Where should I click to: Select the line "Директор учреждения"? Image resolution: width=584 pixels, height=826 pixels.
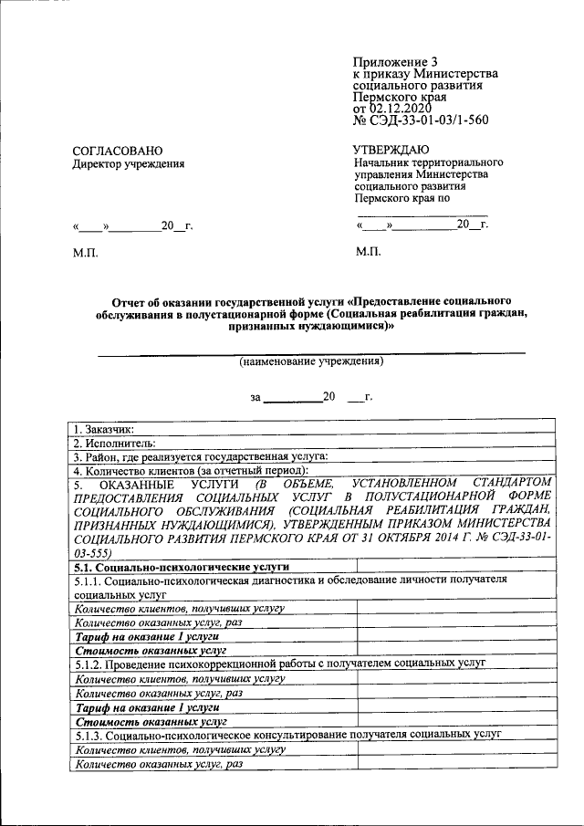point(128,164)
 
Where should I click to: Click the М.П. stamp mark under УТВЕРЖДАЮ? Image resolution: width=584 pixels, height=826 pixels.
point(369,251)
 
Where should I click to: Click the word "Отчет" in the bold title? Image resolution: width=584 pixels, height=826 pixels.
point(130,300)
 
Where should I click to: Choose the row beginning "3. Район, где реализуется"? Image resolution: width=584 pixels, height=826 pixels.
point(201,456)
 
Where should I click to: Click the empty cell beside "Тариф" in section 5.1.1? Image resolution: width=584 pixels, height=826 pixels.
point(454,635)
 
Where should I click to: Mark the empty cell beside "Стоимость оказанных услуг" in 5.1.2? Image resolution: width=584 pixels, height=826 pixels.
point(454,720)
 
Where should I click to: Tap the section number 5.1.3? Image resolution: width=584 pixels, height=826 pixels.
point(88,735)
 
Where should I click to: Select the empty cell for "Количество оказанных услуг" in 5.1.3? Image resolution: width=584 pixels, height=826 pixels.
point(454,764)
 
